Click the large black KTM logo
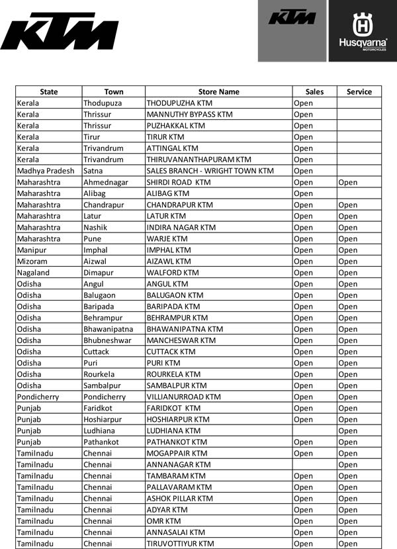58,32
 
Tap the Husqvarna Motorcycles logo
363,31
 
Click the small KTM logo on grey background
292,17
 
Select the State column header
48,91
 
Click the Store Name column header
218,91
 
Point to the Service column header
359,91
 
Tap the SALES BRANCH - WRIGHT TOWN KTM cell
210,171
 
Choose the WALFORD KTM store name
172,272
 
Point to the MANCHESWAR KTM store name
181,340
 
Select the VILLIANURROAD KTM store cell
183,397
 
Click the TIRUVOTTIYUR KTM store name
180,544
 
